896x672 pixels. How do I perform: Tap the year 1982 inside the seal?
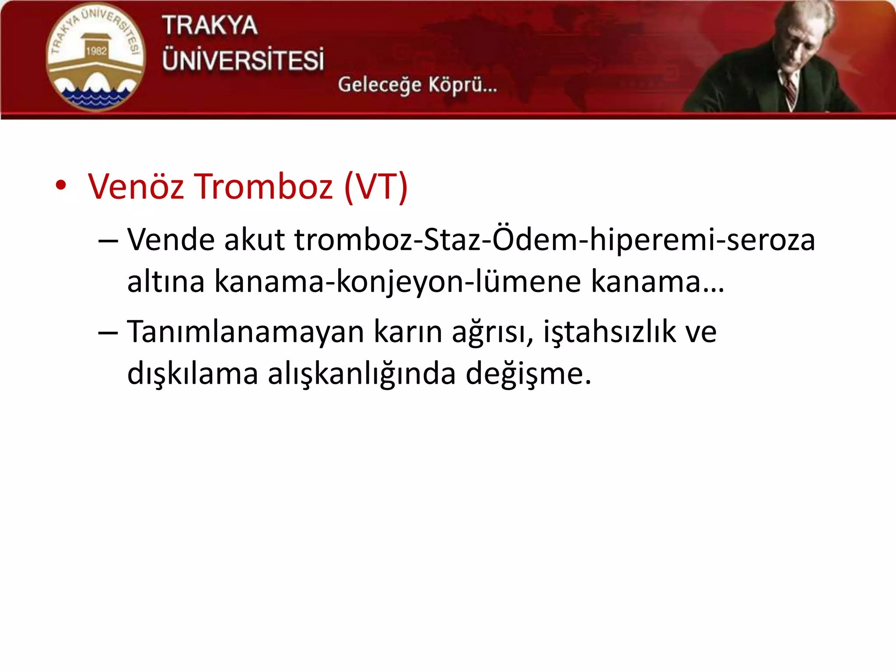coord(96,51)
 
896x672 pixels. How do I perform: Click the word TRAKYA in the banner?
coord(210,25)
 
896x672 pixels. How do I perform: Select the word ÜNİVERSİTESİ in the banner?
coord(243,60)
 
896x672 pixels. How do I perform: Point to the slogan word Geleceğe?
coord(379,85)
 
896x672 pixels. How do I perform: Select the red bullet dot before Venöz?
coord(61,185)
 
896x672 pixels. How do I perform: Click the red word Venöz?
coord(136,187)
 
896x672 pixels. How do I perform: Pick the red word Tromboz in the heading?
coord(263,187)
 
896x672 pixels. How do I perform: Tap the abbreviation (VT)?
coord(376,187)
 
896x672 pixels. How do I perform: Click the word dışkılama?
coord(192,374)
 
